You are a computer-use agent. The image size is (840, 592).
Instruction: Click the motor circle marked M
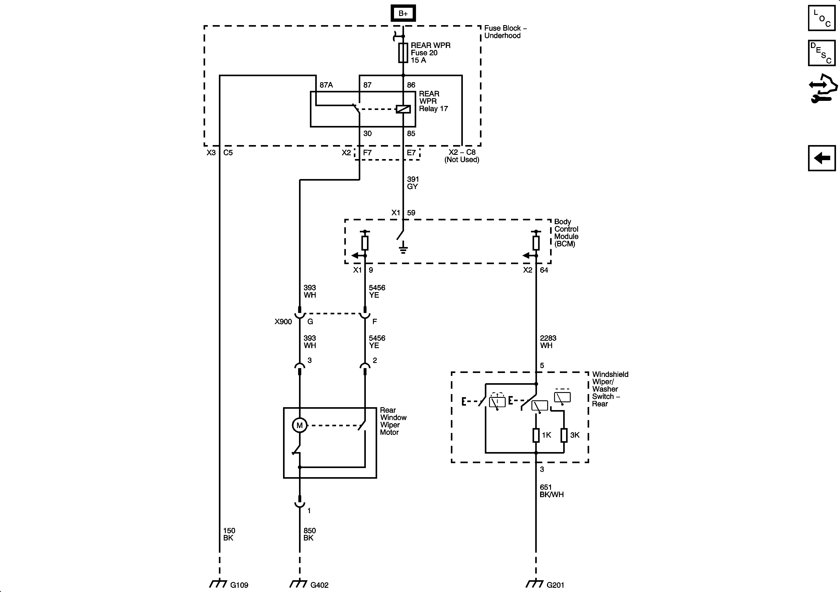point(299,425)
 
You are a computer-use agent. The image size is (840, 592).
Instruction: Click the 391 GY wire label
point(413,183)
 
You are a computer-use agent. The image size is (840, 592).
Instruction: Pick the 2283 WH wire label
point(548,342)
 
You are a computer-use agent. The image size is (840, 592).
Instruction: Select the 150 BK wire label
point(229,534)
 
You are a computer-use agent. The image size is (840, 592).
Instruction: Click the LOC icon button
point(821,18)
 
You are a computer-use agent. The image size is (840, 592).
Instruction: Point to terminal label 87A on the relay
point(326,85)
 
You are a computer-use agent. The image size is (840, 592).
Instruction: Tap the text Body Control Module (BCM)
point(566,233)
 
